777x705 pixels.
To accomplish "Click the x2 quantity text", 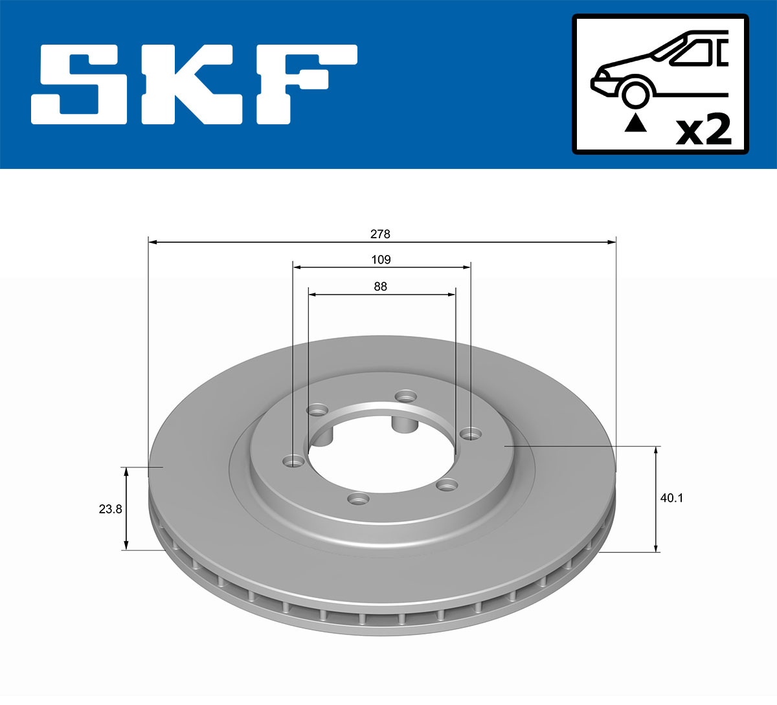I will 703,131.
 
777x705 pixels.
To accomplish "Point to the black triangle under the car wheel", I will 635,122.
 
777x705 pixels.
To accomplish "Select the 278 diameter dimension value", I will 381,234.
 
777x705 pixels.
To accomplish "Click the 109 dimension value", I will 381,260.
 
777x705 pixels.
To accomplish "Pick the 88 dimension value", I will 381,286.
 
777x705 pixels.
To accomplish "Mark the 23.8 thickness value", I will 110,509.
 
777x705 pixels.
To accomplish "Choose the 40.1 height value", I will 671,498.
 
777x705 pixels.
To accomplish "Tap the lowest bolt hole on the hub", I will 358,499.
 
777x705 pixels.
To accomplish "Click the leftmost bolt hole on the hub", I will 294,461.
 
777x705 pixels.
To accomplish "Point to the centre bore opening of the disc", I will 382,453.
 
